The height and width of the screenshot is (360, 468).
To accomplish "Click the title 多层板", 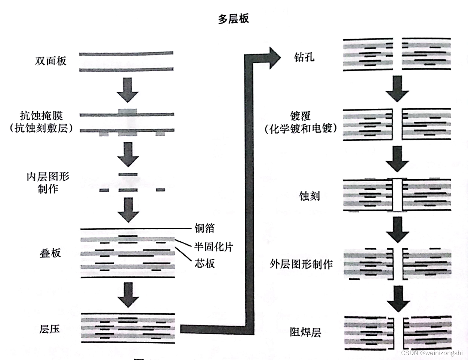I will pos(233,19).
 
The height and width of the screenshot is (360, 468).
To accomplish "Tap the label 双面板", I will pos(51,61).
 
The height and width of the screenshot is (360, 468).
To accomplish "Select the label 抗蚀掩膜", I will pos(41,115).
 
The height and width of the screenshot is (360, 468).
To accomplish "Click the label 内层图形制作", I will pos(48,183).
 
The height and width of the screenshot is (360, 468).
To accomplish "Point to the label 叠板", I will pos(50,253).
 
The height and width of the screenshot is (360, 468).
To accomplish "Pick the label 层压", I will pos(50,329).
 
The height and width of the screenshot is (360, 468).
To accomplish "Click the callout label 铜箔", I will pos(204,228).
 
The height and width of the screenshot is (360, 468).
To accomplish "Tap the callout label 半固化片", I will pos(213,246).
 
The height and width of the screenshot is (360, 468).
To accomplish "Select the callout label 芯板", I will pos(204,263).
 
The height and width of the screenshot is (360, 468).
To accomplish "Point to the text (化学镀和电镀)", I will pos(301,129).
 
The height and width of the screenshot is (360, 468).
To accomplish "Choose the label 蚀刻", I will pos(310,196).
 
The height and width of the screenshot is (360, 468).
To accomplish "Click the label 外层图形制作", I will pos(301,264).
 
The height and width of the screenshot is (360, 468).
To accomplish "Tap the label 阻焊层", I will pos(305,332).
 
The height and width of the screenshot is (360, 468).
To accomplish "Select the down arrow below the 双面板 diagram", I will pos(127,90).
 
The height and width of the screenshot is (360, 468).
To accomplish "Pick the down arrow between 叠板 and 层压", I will pos(128,295).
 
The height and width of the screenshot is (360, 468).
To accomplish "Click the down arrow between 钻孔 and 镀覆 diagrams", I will pos(397,89).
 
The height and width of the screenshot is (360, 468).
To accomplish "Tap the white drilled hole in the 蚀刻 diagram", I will pos(397,195).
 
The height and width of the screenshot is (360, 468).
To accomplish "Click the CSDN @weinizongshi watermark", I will pos(432,353).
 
